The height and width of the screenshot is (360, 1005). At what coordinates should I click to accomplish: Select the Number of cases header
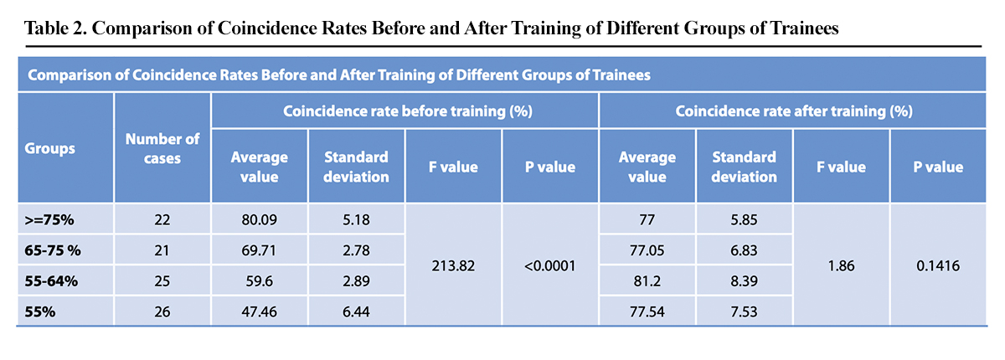pyautogui.click(x=162, y=148)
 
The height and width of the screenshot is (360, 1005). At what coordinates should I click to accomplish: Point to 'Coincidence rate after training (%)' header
pyautogui.click(x=794, y=111)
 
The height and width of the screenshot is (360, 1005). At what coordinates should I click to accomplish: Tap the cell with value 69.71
pyautogui.click(x=259, y=249)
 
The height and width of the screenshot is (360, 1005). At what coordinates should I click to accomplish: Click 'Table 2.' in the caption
pyautogui.click(x=56, y=28)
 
